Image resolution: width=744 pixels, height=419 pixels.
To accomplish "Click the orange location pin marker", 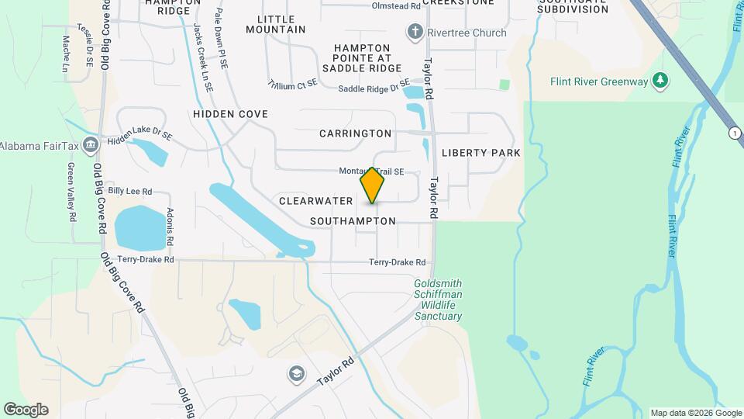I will (x=373, y=185).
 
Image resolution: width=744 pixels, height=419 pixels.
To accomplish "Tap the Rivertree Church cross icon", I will (x=415, y=33).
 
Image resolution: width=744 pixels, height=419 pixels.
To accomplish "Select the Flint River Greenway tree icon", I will (x=660, y=80).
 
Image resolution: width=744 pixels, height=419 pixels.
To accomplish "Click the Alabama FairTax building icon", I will (x=91, y=145).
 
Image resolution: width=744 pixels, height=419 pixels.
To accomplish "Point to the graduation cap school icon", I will (x=294, y=374).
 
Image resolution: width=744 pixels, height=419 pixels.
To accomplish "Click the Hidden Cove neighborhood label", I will (x=230, y=114).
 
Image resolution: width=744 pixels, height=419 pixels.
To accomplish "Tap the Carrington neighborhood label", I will (x=355, y=133).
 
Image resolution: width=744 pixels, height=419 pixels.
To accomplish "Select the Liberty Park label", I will (x=480, y=153).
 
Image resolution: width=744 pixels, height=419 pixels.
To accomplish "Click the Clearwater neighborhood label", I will (x=315, y=200).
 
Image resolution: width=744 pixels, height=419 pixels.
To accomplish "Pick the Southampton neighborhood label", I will (x=353, y=221).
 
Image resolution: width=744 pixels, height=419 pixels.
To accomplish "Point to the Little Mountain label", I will (x=276, y=23).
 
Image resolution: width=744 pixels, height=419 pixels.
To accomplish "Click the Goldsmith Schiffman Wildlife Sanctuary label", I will (x=438, y=300).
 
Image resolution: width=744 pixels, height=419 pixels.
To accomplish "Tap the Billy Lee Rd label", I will (x=129, y=191).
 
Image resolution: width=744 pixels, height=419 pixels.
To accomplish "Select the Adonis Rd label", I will (x=170, y=227).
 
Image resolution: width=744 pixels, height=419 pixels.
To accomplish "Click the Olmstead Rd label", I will (x=396, y=5).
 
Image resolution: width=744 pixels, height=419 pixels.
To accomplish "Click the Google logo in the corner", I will (x=26, y=410).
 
